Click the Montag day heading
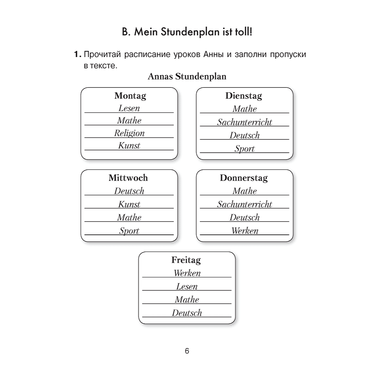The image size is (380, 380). [130, 96]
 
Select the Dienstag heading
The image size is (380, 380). [244, 96]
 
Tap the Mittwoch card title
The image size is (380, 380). [128, 177]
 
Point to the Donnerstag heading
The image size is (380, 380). [244, 178]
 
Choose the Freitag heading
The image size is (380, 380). [186, 260]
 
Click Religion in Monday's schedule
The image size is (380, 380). [130, 133]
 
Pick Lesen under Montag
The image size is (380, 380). [129, 108]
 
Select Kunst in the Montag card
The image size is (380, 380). [129, 146]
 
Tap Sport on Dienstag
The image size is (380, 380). [244, 149]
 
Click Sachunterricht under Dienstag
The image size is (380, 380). [244, 122]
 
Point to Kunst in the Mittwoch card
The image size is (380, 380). [129, 204]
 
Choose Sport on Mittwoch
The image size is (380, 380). [129, 231]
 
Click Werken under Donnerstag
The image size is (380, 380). [245, 231]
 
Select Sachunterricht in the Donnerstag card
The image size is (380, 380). [244, 204]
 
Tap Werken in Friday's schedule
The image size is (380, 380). [187, 273]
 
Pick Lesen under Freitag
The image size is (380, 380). [187, 286]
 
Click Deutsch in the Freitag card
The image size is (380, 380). [187, 313]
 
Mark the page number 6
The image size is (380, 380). [187, 351]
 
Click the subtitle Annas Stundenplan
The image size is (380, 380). [187, 77]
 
